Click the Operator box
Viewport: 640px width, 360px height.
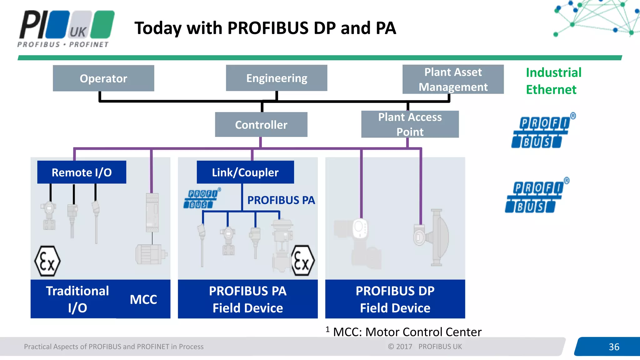pyautogui.click(x=103, y=78)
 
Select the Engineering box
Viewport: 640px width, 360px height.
pyautogui.click(x=277, y=78)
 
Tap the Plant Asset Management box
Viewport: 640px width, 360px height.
pyautogui.click(x=453, y=79)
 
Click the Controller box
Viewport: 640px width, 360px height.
pyautogui.click(x=261, y=125)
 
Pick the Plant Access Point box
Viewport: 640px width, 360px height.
pyautogui.click(x=410, y=124)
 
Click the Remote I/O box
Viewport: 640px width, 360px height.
pyautogui.click(x=82, y=172)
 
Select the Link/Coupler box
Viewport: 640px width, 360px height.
pyautogui.click(x=245, y=172)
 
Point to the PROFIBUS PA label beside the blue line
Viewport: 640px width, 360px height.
pyautogui.click(x=281, y=200)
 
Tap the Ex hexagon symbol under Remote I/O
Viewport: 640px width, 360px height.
pyautogui.click(x=47, y=261)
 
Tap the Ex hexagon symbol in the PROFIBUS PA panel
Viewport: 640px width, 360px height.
pyautogui.click(x=302, y=261)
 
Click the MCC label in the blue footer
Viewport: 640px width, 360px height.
pyautogui.click(x=143, y=299)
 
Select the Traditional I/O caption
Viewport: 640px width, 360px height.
pyautogui.click(x=77, y=299)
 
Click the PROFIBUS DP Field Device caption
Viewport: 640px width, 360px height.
pyautogui.click(x=395, y=299)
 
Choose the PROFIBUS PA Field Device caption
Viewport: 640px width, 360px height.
pyautogui.click(x=247, y=299)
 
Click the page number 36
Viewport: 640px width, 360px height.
pyautogui.click(x=614, y=347)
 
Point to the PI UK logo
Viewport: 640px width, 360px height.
pyautogui.click(x=66, y=28)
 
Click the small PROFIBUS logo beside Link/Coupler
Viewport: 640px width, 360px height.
pyautogui.click(x=202, y=199)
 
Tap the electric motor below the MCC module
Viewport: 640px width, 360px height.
pyautogui.click(x=151, y=254)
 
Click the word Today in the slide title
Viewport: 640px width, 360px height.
pyautogui.click(x=158, y=28)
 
